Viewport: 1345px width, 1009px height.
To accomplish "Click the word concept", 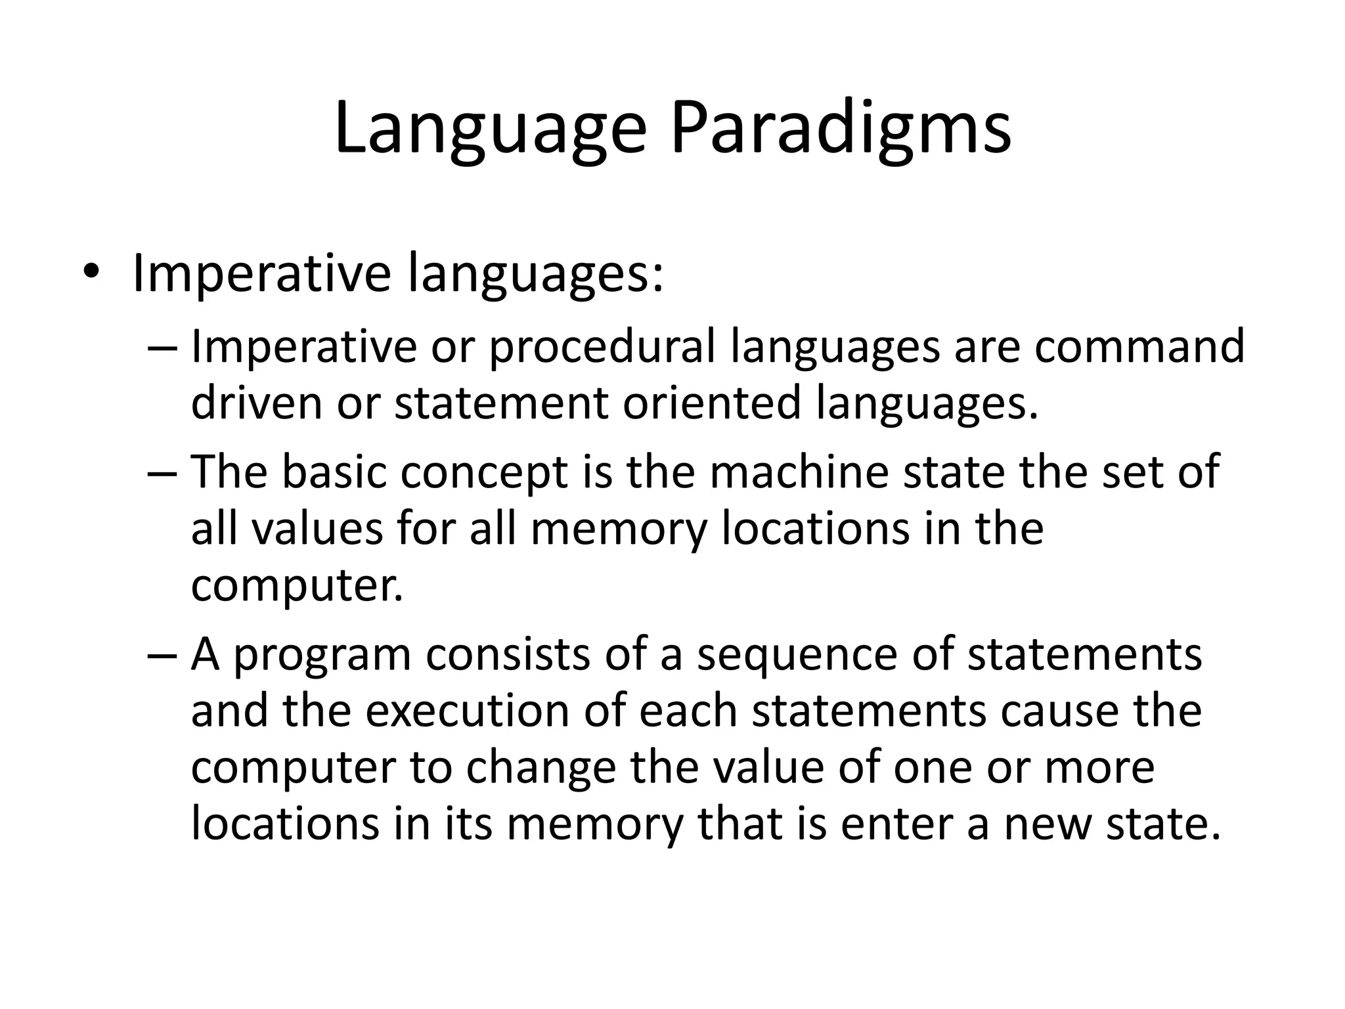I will point(483,473).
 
